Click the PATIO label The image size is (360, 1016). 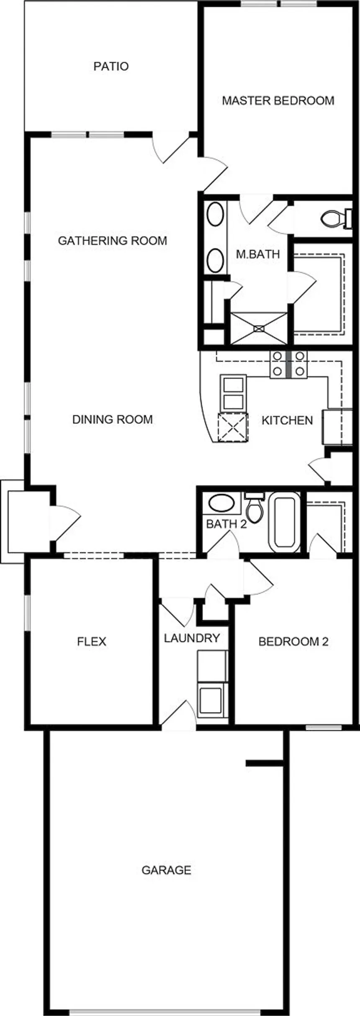(111, 66)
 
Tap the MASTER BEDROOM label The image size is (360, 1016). (278, 100)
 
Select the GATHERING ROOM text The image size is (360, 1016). (112, 241)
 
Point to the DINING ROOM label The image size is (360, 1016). (113, 419)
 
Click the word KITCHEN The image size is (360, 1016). (287, 420)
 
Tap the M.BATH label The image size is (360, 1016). (258, 254)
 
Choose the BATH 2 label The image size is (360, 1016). (226, 524)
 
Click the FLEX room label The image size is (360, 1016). (92, 641)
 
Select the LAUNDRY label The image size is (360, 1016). (192, 638)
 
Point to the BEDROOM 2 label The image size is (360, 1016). (293, 641)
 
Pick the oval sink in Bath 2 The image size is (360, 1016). (221, 503)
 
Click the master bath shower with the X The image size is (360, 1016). (259, 328)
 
